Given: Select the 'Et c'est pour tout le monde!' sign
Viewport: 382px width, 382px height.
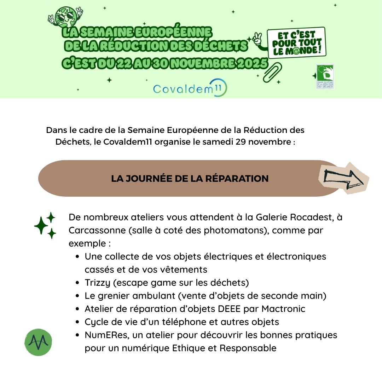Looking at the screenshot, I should coord(296,43).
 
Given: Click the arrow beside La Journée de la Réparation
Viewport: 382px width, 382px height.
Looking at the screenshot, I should coord(344,178).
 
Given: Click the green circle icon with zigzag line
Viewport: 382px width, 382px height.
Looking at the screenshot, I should coord(38,342).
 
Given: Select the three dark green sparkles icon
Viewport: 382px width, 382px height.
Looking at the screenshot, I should coord(45,225).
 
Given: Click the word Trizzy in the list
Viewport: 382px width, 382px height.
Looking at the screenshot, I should coord(96,283).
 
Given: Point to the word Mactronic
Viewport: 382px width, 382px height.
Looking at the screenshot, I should coord(283,309).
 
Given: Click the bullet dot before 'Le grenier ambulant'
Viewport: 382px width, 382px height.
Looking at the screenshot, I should coord(77,296).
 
